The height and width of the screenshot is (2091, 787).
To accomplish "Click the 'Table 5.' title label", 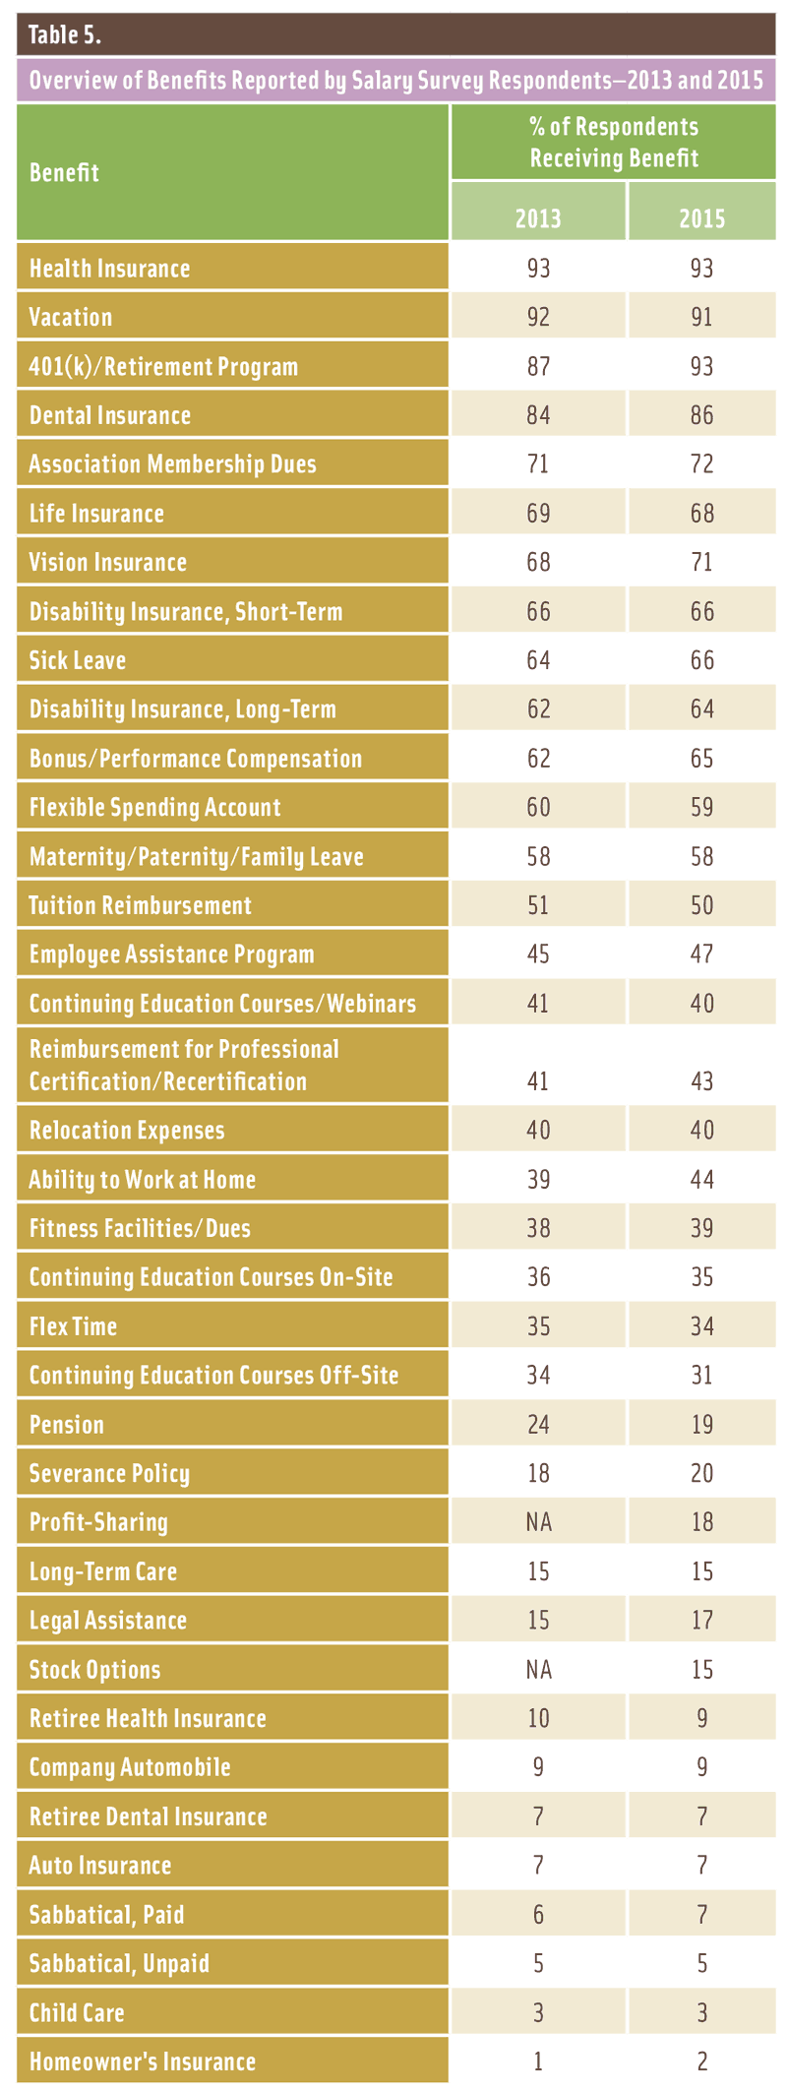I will pos(65,36).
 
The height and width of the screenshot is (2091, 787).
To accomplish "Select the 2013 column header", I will pos(538,217).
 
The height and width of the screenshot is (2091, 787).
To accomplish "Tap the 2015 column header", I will pos(701,217).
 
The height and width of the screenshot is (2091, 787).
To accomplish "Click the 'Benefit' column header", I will pos(64,173).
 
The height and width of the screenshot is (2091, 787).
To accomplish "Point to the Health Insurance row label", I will pos(109,269).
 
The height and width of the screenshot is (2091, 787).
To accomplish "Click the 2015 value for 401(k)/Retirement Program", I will pos(701,367).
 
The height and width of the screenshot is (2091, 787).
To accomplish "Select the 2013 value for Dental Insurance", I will pos(538,415).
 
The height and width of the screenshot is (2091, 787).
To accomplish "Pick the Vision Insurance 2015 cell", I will pos(701,563).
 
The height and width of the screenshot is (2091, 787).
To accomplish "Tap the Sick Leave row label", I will pos(78,660).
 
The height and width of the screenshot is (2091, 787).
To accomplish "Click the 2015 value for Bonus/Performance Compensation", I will pos(701,759).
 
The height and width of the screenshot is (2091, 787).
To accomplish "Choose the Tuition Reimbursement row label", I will pos(140,905).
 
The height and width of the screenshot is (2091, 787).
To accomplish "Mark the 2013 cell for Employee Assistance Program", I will pos(538,954).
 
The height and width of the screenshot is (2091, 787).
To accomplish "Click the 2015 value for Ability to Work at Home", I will pos(701,1180).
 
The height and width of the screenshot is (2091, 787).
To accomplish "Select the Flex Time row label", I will pos(73,1326).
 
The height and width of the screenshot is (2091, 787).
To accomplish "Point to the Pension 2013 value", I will pos(538,1425).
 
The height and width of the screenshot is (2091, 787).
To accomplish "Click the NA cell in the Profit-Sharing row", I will pos(538,1522).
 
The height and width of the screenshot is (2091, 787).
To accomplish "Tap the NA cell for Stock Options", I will pos(538,1670).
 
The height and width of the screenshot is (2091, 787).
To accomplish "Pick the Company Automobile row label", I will pos(130,1767).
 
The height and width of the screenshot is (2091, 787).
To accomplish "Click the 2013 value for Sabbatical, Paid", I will pos(538,1915).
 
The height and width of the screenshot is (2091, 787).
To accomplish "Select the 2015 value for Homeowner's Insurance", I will pos(701,2061).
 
